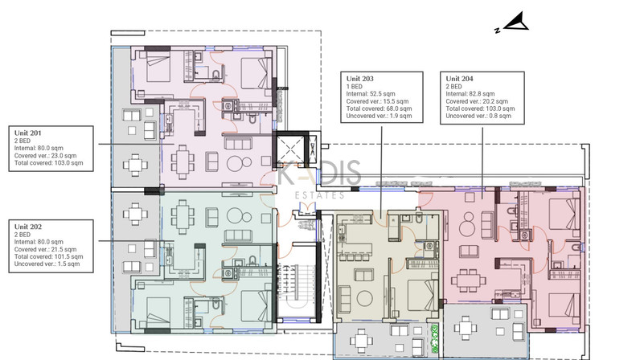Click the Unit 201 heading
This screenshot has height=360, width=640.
point(28,133)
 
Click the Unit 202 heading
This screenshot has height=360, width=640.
point(28,227)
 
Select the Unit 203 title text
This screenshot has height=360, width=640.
point(359,79)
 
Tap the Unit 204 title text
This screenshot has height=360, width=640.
point(459,79)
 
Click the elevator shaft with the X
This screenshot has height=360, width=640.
point(290,149)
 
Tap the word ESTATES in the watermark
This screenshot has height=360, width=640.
point(319,195)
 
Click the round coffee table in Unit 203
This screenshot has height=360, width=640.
point(364,298)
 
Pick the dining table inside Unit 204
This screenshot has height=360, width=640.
point(468,280)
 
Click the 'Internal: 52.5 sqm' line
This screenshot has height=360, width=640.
point(371,94)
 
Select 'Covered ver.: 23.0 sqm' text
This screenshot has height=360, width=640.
point(45,156)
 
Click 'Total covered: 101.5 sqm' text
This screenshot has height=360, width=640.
point(48,256)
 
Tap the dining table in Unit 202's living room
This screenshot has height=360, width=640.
point(183,216)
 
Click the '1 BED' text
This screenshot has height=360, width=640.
point(355,87)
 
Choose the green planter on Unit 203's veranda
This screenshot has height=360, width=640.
point(434,339)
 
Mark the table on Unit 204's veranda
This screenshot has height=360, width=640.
point(466,327)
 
